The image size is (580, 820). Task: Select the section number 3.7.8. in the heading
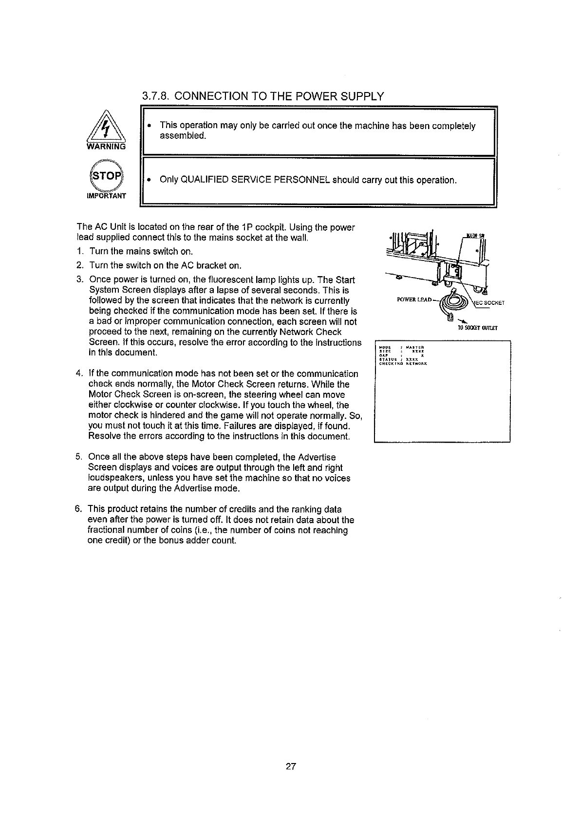pyautogui.click(x=156, y=96)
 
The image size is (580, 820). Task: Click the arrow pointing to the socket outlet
pyautogui.click(x=458, y=321)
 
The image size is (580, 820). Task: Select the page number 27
pyautogui.click(x=291, y=766)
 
